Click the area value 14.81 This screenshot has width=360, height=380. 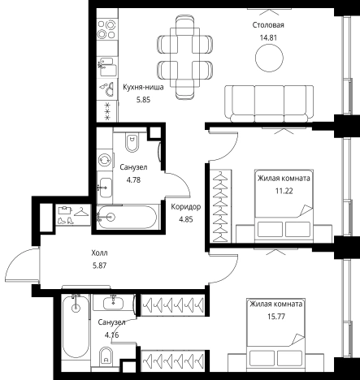268,37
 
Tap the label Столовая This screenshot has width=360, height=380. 268,25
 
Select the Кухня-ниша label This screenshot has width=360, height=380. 143,88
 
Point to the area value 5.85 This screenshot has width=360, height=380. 143,100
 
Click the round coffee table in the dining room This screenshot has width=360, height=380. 269,58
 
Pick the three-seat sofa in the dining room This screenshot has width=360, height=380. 269,104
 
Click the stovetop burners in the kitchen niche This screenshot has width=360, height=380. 106,29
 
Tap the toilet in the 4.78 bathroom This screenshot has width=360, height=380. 132,142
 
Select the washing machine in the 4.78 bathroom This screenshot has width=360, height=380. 105,159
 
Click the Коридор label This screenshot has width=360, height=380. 186,207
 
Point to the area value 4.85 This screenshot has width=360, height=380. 186,219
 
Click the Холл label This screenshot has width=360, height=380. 99,253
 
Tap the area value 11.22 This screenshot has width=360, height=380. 284,191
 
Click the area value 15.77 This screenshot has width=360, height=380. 276,317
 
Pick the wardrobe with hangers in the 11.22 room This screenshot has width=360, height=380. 221,206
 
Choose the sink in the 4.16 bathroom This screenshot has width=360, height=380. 113,302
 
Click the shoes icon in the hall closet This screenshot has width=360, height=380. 66,220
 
